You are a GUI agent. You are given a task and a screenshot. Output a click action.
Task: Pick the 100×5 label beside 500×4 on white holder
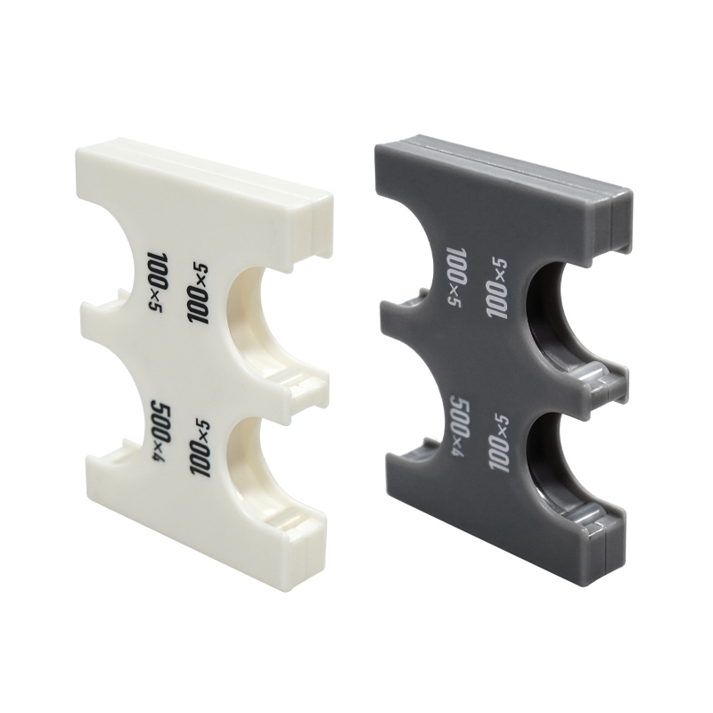point(199,448)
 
